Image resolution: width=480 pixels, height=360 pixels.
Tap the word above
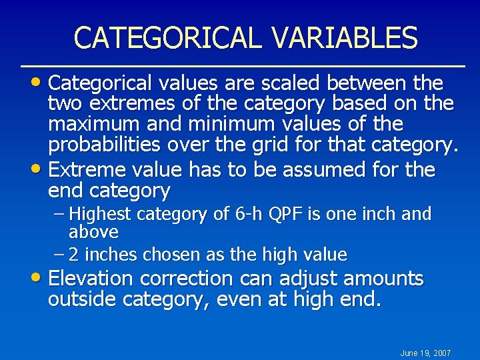click(93, 232)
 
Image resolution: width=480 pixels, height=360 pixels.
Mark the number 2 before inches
click(74, 255)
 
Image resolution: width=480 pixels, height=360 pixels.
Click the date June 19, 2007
click(425, 353)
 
